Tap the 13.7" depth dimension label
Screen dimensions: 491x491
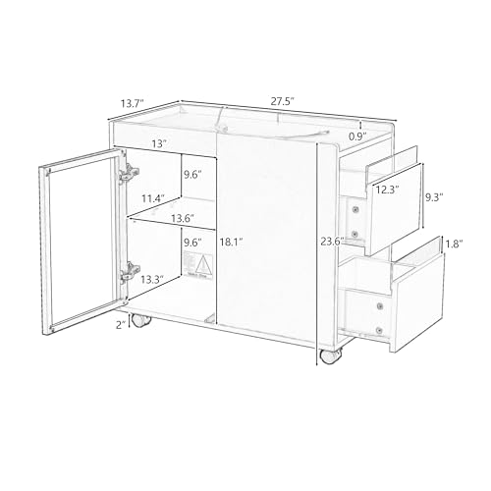(134, 102)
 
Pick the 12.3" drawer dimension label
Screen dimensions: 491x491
(386, 190)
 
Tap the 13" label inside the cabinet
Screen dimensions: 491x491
(156, 144)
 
